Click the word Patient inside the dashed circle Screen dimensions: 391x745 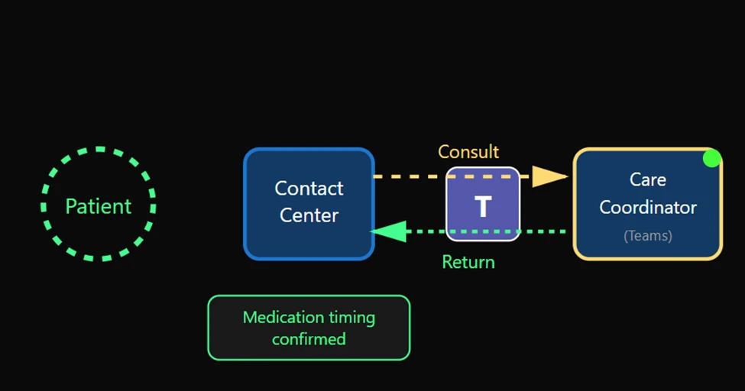98,206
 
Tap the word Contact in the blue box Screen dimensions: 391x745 309,189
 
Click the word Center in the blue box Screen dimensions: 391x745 309,215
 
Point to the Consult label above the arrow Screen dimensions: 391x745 468,152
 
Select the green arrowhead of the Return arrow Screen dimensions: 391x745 388,231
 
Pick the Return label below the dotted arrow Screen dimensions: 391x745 468,263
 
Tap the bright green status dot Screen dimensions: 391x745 711,158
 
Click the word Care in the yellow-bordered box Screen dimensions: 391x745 647,179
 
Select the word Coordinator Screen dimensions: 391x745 647,207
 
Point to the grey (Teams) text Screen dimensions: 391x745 647,236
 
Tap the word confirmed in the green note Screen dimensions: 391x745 309,338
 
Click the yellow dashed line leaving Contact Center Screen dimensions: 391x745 409,176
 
